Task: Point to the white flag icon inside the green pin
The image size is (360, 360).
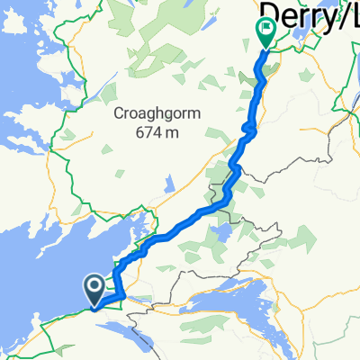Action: tap(266, 29)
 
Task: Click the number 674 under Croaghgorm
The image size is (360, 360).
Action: tap(139, 132)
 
